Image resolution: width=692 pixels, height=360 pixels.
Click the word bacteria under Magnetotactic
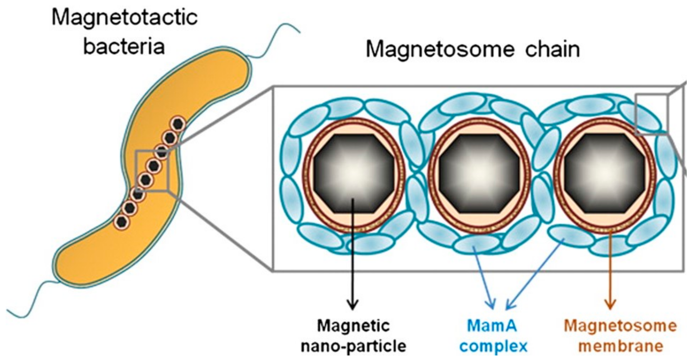click(x=124, y=46)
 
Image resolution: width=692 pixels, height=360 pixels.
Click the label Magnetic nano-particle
click(x=353, y=336)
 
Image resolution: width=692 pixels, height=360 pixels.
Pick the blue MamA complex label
click(x=493, y=336)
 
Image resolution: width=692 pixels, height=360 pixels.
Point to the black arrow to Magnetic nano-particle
click(x=353, y=256)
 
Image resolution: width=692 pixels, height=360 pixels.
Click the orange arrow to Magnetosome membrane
click(x=610, y=270)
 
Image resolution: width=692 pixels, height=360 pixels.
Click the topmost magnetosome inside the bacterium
click(x=177, y=124)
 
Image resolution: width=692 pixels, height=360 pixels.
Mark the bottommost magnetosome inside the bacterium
click(x=122, y=222)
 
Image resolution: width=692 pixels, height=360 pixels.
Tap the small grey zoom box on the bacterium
click(x=152, y=171)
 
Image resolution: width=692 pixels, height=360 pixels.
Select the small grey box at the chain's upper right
click(x=651, y=114)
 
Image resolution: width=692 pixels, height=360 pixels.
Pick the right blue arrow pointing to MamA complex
click(x=535, y=274)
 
